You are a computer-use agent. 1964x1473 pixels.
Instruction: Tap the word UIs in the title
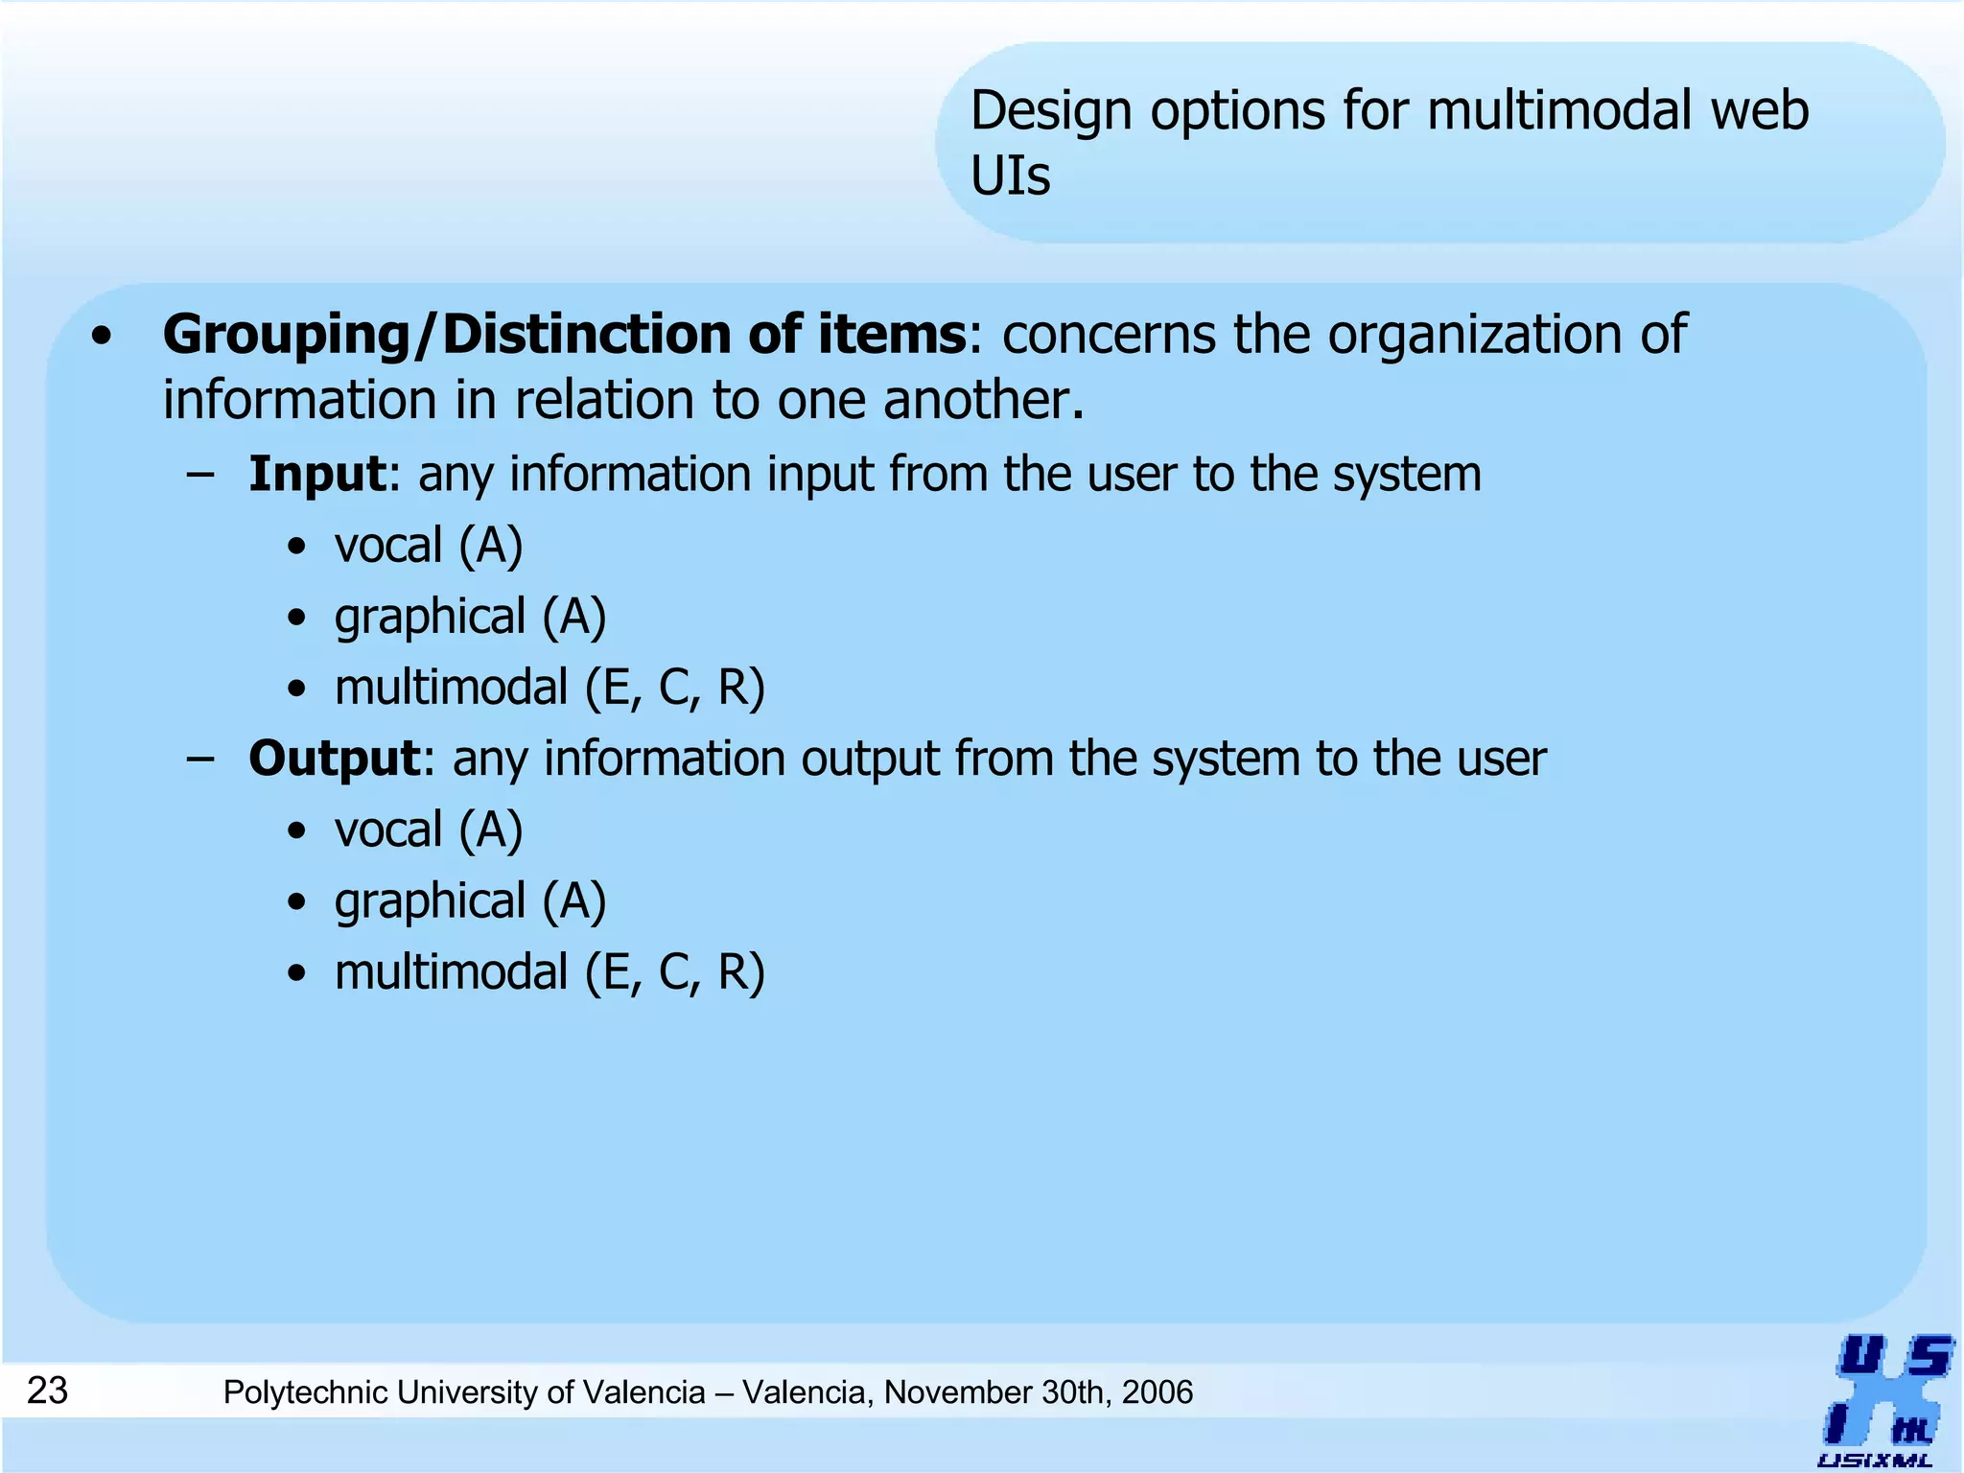[1010, 176]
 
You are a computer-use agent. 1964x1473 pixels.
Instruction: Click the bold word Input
[316, 474]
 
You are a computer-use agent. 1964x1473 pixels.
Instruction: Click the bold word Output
[334, 759]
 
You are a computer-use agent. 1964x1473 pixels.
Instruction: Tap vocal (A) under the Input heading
[429, 546]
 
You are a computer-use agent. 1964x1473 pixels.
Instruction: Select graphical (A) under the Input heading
[470, 617]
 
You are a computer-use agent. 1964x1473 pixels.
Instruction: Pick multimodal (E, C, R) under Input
[549, 688]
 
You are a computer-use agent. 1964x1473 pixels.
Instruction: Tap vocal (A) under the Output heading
[429, 830]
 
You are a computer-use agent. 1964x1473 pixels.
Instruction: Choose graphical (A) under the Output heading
[470, 901]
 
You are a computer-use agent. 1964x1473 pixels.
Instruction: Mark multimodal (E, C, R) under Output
[549, 972]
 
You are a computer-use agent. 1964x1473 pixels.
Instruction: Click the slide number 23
[47, 1391]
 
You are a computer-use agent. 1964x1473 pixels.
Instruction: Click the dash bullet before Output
[201, 759]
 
